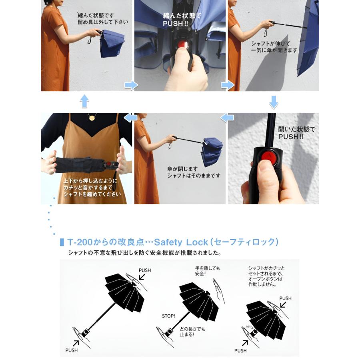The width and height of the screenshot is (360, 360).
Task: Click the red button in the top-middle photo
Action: point(182,44)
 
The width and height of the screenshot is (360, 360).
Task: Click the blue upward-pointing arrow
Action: point(84,101)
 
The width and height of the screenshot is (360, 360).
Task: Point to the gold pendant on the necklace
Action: point(92,118)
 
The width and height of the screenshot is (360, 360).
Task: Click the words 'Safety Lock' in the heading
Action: point(181,242)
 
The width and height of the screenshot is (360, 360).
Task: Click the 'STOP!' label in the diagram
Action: point(168,316)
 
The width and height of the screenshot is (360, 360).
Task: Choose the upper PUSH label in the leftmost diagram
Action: point(145,270)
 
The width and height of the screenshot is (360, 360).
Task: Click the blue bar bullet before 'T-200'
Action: point(62,242)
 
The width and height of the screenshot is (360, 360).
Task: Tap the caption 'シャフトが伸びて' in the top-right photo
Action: point(265,43)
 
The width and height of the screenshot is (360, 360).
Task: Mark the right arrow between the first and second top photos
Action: point(130,85)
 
